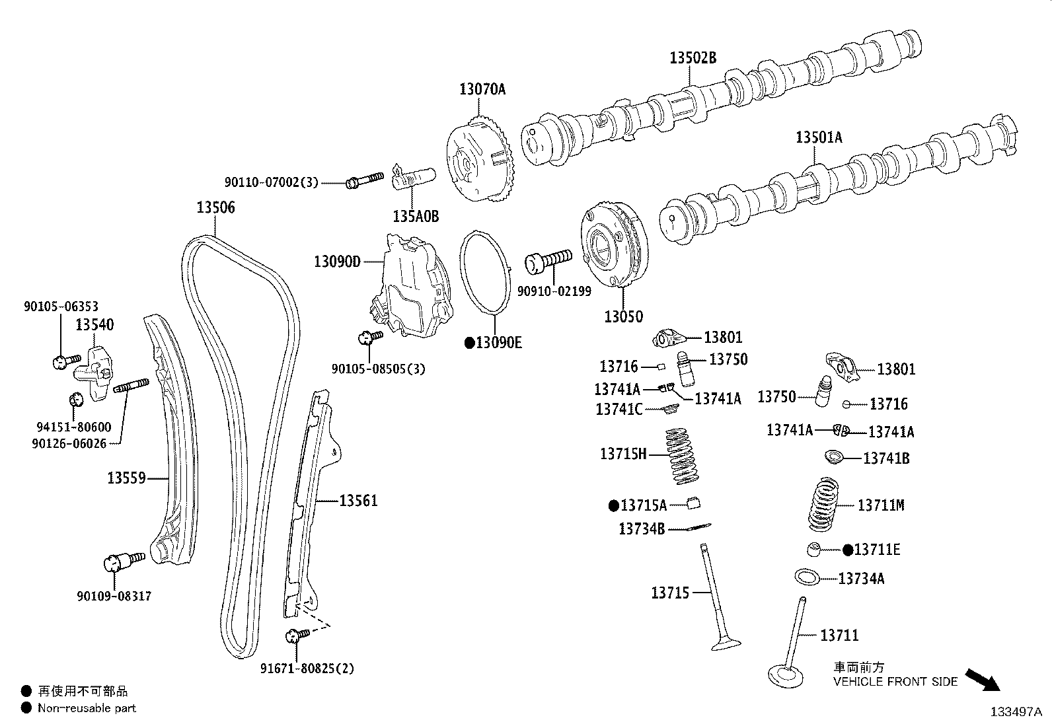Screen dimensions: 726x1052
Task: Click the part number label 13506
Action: [215, 207]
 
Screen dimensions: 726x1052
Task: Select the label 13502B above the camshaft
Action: [693, 57]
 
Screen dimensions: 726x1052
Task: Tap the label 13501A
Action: [819, 137]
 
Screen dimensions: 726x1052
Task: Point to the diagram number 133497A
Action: [1015, 712]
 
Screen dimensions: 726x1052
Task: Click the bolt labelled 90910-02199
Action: [548, 259]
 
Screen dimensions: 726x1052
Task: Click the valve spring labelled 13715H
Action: [681, 454]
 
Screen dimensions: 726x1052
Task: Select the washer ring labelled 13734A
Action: [808, 576]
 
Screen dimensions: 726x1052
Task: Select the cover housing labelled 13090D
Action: [410, 287]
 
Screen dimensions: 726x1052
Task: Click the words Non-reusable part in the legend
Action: [87, 708]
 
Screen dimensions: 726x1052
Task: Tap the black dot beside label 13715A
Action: [613, 506]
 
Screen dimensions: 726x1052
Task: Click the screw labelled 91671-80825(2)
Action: [296, 635]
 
